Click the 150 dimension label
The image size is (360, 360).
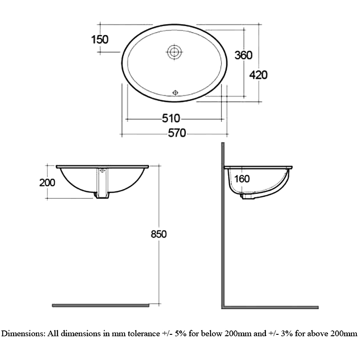[99, 40]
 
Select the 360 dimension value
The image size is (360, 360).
[243, 55]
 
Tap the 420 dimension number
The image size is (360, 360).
[258, 75]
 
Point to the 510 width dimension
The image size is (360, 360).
[171, 119]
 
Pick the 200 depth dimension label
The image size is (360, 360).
[47, 182]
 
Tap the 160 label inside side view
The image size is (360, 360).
[242, 179]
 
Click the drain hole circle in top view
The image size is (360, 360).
[174, 52]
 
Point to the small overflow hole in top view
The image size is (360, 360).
[175, 92]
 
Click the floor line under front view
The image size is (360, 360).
[100, 305]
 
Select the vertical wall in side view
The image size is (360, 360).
[223, 225]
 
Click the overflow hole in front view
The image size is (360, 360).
[102, 171]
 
